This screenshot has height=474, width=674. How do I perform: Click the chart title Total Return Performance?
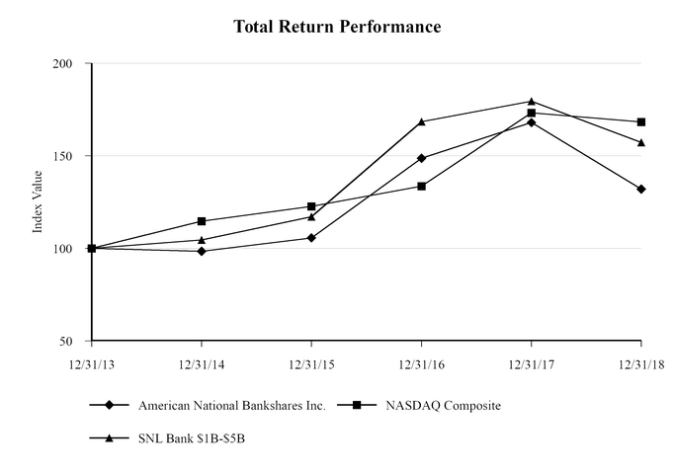(x=337, y=26)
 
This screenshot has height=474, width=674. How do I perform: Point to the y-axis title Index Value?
(x=39, y=201)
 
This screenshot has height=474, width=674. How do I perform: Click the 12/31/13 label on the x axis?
(x=91, y=363)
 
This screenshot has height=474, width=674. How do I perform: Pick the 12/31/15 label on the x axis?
(x=311, y=363)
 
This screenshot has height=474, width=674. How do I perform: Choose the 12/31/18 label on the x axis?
(x=641, y=363)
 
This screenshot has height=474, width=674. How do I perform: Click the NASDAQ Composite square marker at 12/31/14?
(x=202, y=221)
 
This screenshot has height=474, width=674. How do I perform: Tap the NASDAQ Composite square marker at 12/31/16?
(x=422, y=186)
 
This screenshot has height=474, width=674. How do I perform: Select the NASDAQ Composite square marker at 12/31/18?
(x=641, y=122)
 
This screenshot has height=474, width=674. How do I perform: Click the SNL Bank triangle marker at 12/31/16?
(x=422, y=121)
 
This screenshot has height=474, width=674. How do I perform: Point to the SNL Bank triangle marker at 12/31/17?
(x=532, y=101)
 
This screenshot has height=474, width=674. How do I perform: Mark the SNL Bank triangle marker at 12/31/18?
(x=641, y=142)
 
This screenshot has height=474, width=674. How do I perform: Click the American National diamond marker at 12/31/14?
(x=202, y=251)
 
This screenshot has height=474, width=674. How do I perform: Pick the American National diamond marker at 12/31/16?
(x=422, y=158)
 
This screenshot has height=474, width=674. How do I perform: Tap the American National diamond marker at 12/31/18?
(x=641, y=189)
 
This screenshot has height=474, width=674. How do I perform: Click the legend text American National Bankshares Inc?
(x=232, y=405)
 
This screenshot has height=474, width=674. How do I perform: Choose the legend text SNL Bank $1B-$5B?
(x=192, y=437)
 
